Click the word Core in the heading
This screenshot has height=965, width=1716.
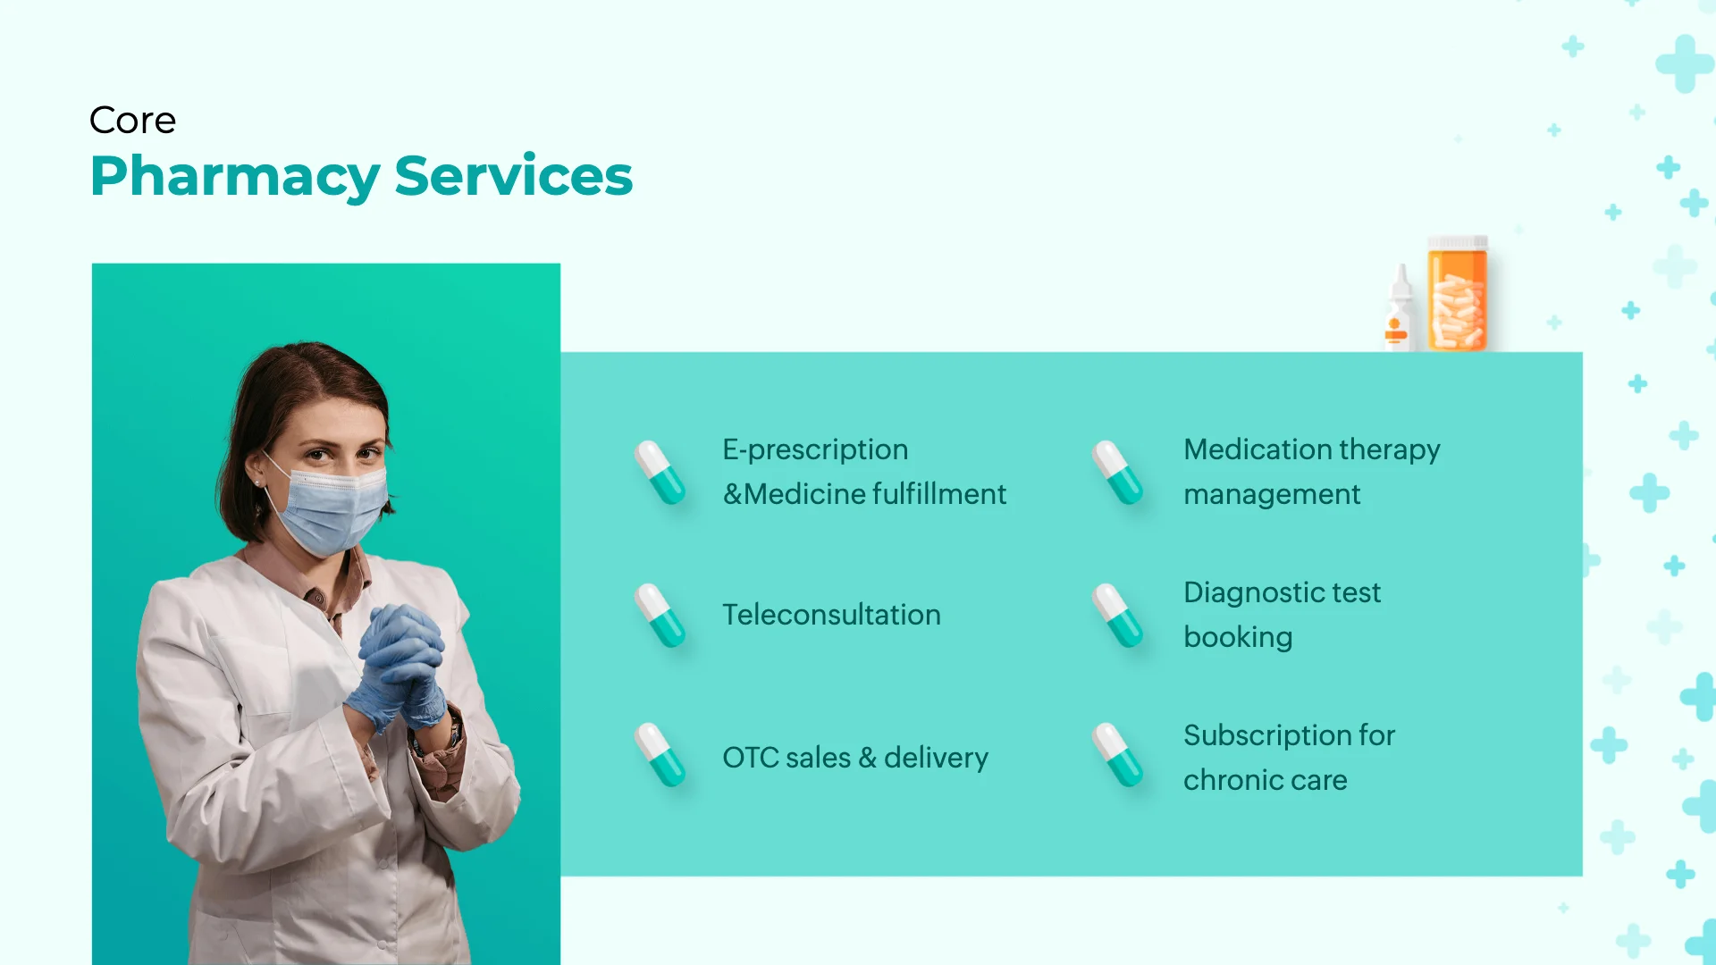[x=132, y=121]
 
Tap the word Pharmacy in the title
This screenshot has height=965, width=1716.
[x=235, y=176]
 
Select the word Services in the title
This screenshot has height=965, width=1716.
[x=513, y=176]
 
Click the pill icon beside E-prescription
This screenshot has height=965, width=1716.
[x=660, y=473]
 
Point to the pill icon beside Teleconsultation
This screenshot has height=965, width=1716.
[x=660, y=616]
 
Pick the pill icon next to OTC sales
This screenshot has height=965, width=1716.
[x=660, y=755]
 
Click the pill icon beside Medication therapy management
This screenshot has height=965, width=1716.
[x=1117, y=473]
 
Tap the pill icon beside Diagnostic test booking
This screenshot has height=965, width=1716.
[x=1117, y=616]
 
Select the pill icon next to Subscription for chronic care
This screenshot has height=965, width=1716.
[x=1117, y=755]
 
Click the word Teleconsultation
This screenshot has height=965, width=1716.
[x=831, y=615]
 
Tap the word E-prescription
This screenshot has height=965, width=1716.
[x=814, y=449]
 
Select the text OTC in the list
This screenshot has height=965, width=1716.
[x=749, y=758]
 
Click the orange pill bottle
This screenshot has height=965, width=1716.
[x=1457, y=295]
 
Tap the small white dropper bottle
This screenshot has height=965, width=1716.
[x=1399, y=311]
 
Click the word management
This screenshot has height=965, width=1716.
[x=1271, y=494]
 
